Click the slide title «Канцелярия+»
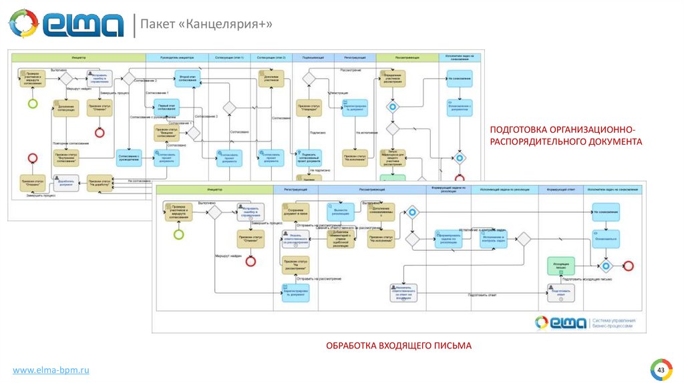[x=206, y=25]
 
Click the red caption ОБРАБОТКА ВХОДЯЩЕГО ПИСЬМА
[x=399, y=345]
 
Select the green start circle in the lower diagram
[x=178, y=234]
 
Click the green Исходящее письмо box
[x=560, y=266]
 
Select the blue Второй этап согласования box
[x=188, y=78]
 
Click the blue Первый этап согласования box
[x=167, y=106]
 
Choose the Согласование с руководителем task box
[x=130, y=157]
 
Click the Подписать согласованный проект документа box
[x=309, y=157]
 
